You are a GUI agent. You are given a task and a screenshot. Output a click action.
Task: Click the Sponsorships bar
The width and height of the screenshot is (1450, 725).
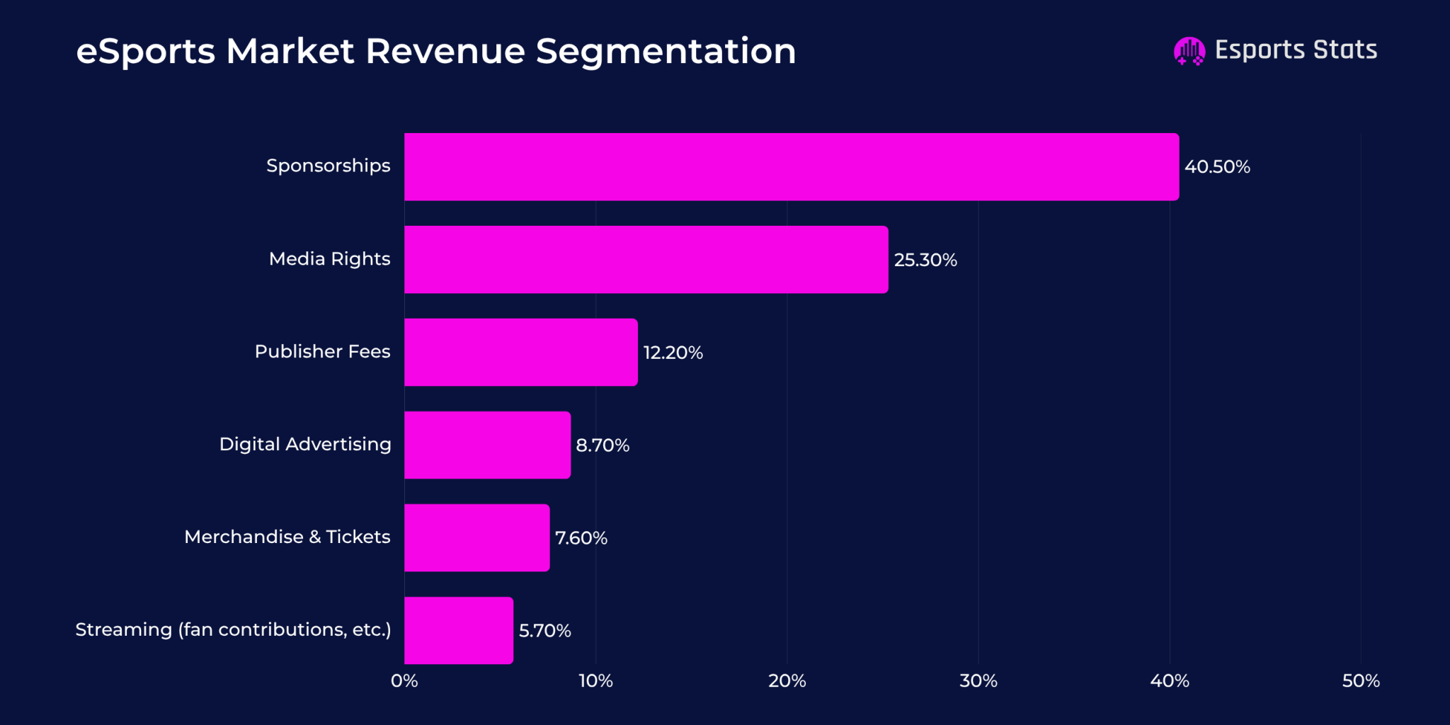click(792, 166)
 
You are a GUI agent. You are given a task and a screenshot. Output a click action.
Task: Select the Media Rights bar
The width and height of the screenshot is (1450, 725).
click(646, 259)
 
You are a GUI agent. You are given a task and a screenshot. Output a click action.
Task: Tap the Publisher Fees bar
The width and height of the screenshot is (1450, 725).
click(520, 352)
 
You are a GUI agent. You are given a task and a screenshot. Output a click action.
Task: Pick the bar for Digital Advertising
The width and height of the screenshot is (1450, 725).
click(487, 445)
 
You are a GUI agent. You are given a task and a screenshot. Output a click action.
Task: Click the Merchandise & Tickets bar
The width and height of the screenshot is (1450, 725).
click(476, 537)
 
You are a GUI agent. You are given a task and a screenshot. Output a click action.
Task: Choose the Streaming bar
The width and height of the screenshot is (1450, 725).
click(458, 630)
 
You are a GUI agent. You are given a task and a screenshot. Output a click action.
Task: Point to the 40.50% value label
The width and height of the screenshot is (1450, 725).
click(1217, 167)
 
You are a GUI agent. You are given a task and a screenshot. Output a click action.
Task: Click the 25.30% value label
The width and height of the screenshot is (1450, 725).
click(925, 260)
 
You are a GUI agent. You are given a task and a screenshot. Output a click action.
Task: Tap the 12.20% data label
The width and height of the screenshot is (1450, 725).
click(673, 353)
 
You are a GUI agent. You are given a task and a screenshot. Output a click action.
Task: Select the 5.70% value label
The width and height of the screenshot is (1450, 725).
click(544, 631)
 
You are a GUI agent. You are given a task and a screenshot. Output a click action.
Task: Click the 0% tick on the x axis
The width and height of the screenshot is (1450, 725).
click(404, 681)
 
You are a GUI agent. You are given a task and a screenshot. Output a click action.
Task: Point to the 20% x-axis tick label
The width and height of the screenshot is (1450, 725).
click(787, 681)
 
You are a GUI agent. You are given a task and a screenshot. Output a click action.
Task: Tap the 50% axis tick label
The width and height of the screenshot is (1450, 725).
click(1360, 681)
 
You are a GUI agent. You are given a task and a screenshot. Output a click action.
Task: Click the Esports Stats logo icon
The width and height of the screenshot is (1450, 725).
click(1189, 51)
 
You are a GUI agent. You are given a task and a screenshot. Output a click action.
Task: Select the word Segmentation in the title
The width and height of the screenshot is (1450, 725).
click(666, 52)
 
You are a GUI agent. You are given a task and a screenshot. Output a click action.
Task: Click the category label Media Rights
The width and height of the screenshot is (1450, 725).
click(329, 259)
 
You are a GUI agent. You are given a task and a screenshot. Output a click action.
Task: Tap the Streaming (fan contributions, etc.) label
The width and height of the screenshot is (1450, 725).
click(233, 629)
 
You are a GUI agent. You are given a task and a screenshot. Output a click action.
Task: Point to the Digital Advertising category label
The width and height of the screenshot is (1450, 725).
click(305, 444)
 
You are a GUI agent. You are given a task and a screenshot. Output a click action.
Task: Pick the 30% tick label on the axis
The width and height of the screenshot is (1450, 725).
click(978, 681)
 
